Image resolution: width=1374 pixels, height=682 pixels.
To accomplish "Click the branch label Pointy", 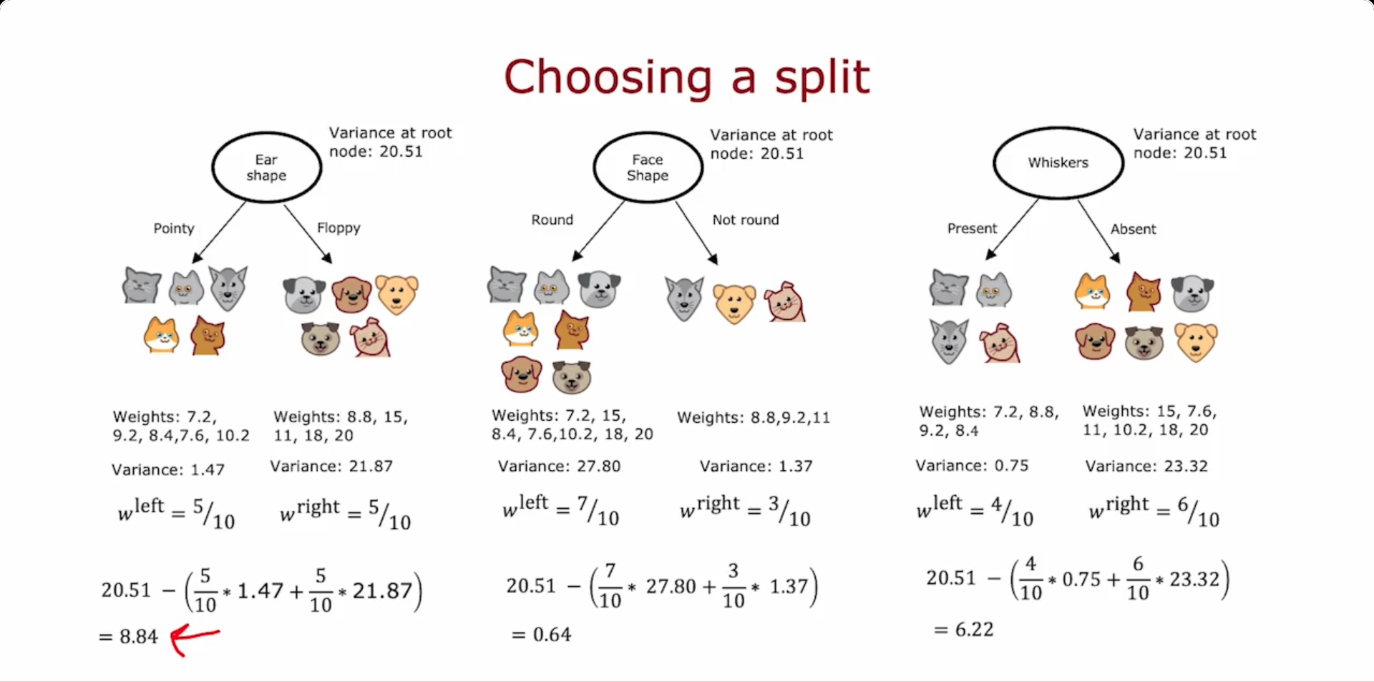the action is [174, 228].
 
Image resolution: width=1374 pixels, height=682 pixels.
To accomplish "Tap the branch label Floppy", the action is [338, 228].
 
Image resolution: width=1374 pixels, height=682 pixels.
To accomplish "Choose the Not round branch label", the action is [745, 220].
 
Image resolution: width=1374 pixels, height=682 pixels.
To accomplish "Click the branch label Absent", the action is [1133, 229].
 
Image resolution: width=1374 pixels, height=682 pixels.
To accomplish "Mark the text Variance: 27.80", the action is [559, 466].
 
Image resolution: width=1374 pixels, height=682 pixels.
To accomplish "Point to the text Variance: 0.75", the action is [972, 465].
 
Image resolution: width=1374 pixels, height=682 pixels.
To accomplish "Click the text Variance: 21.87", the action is [331, 466].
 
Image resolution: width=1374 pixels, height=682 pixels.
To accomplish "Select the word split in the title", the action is [823, 79].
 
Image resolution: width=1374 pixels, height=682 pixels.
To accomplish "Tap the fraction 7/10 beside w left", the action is [598, 511].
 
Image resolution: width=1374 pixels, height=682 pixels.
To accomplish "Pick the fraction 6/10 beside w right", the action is [1199, 512].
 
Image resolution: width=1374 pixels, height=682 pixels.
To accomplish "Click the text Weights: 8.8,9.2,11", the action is [754, 417].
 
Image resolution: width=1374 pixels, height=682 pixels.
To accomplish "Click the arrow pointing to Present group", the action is [1012, 229].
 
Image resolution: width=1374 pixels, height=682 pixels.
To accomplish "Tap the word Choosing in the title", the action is [608, 79].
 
